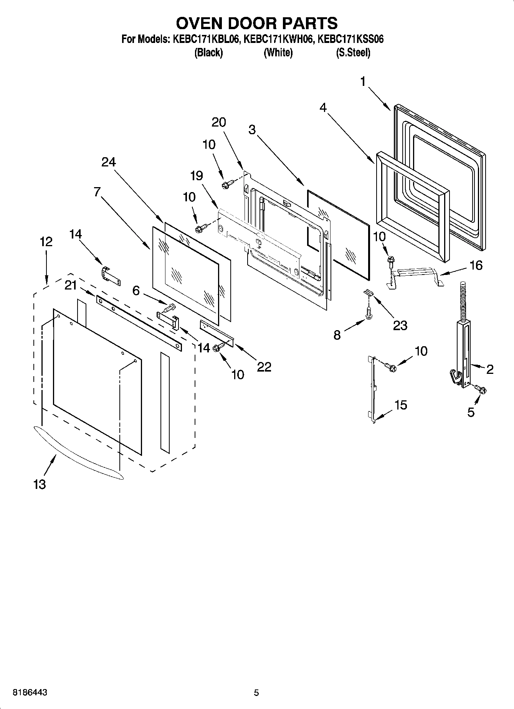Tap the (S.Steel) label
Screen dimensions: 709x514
click(353, 53)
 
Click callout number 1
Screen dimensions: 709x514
click(363, 82)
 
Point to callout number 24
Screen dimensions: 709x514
click(108, 162)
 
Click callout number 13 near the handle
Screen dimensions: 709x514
click(40, 484)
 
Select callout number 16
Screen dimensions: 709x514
click(476, 265)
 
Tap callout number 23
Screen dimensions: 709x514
click(400, 325)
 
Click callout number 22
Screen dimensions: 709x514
click(264, 367)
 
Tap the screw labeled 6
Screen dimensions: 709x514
click(169, 307)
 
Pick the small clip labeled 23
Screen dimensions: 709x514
click(368, 293)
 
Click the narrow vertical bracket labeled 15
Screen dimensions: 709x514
click(372, 387)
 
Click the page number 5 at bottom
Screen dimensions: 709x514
click(256, 693)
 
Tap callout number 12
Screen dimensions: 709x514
click(46, 242)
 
